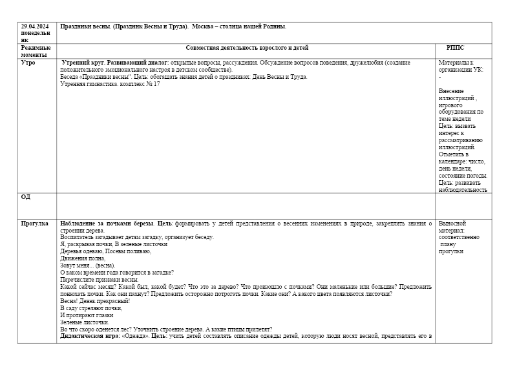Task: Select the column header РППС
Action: [455, 48]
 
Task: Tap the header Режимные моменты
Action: [35, 51]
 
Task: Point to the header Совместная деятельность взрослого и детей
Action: [247, 48]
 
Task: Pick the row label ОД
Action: [25, 197]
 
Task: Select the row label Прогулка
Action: [34, 224]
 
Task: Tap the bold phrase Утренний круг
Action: [83, 63]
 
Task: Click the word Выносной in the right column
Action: [452, 224]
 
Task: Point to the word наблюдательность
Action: [463, 190]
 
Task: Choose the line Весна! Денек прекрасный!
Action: [94, 301]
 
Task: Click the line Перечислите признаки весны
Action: [99, 280]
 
